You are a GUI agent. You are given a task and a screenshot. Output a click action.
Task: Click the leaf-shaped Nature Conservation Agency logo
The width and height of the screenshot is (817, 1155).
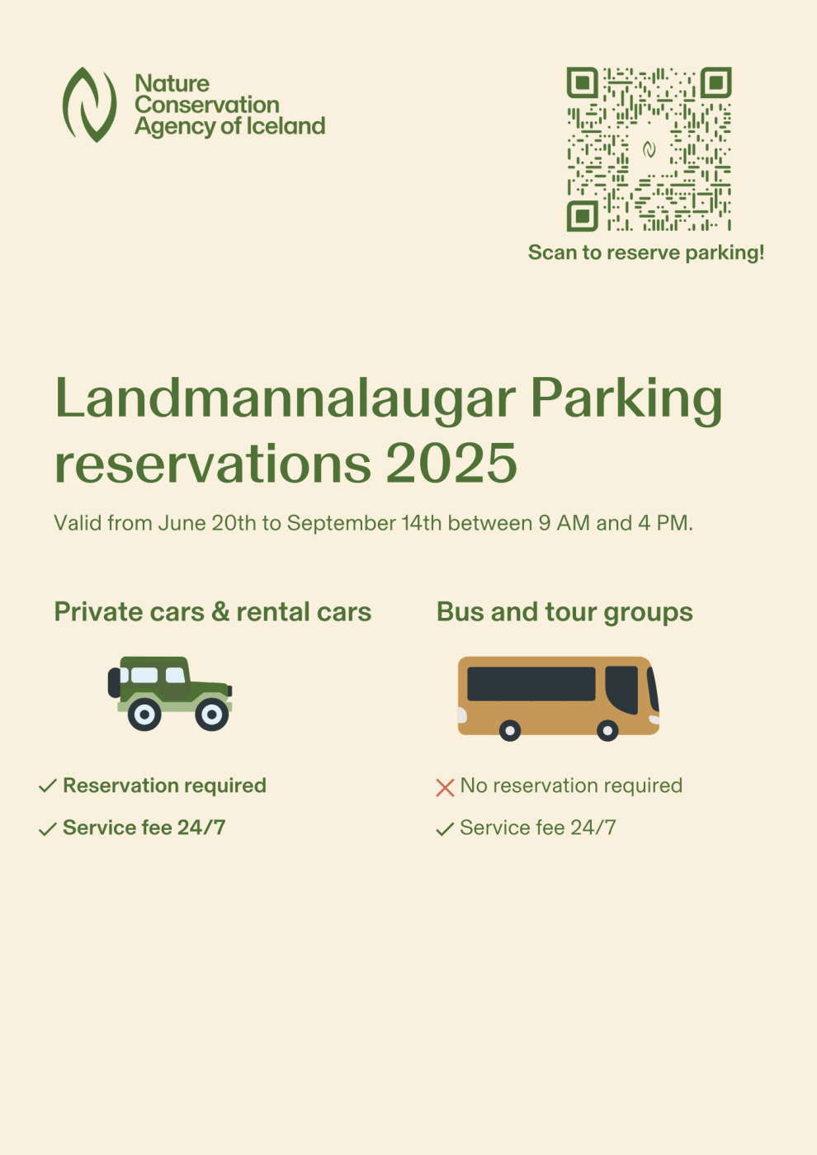tap(89, 105)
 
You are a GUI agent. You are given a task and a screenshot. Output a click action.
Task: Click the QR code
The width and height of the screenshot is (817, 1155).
tap(649, 149)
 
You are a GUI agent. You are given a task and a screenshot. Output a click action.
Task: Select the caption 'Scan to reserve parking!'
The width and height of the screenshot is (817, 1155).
tap(645, 252)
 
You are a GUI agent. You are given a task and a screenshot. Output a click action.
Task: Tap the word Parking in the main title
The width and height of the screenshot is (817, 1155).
tap(626, 399)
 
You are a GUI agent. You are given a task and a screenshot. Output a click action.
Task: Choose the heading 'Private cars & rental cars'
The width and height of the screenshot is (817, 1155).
tap(212, 612)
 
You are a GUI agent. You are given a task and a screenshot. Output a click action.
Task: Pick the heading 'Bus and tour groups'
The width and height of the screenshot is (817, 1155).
tap(564, 612)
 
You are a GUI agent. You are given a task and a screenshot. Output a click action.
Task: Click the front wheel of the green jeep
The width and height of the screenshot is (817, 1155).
tap(211, 714)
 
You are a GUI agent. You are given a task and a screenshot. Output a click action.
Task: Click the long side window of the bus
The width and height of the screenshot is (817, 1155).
tap(531, 684)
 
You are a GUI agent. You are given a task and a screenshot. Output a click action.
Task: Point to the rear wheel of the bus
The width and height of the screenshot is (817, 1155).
tap(510, 730)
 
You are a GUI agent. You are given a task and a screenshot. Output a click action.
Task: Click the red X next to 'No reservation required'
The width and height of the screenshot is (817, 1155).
tap(445, 788)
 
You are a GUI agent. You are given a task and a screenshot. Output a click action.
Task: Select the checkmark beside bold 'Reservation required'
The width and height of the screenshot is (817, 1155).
tap(47, 786)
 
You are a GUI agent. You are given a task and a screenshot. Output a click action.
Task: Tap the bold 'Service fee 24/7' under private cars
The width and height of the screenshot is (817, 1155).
tap(144, 827)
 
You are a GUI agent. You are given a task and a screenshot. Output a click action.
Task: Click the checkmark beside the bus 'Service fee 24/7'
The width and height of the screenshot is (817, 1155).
tap(445, 829)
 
